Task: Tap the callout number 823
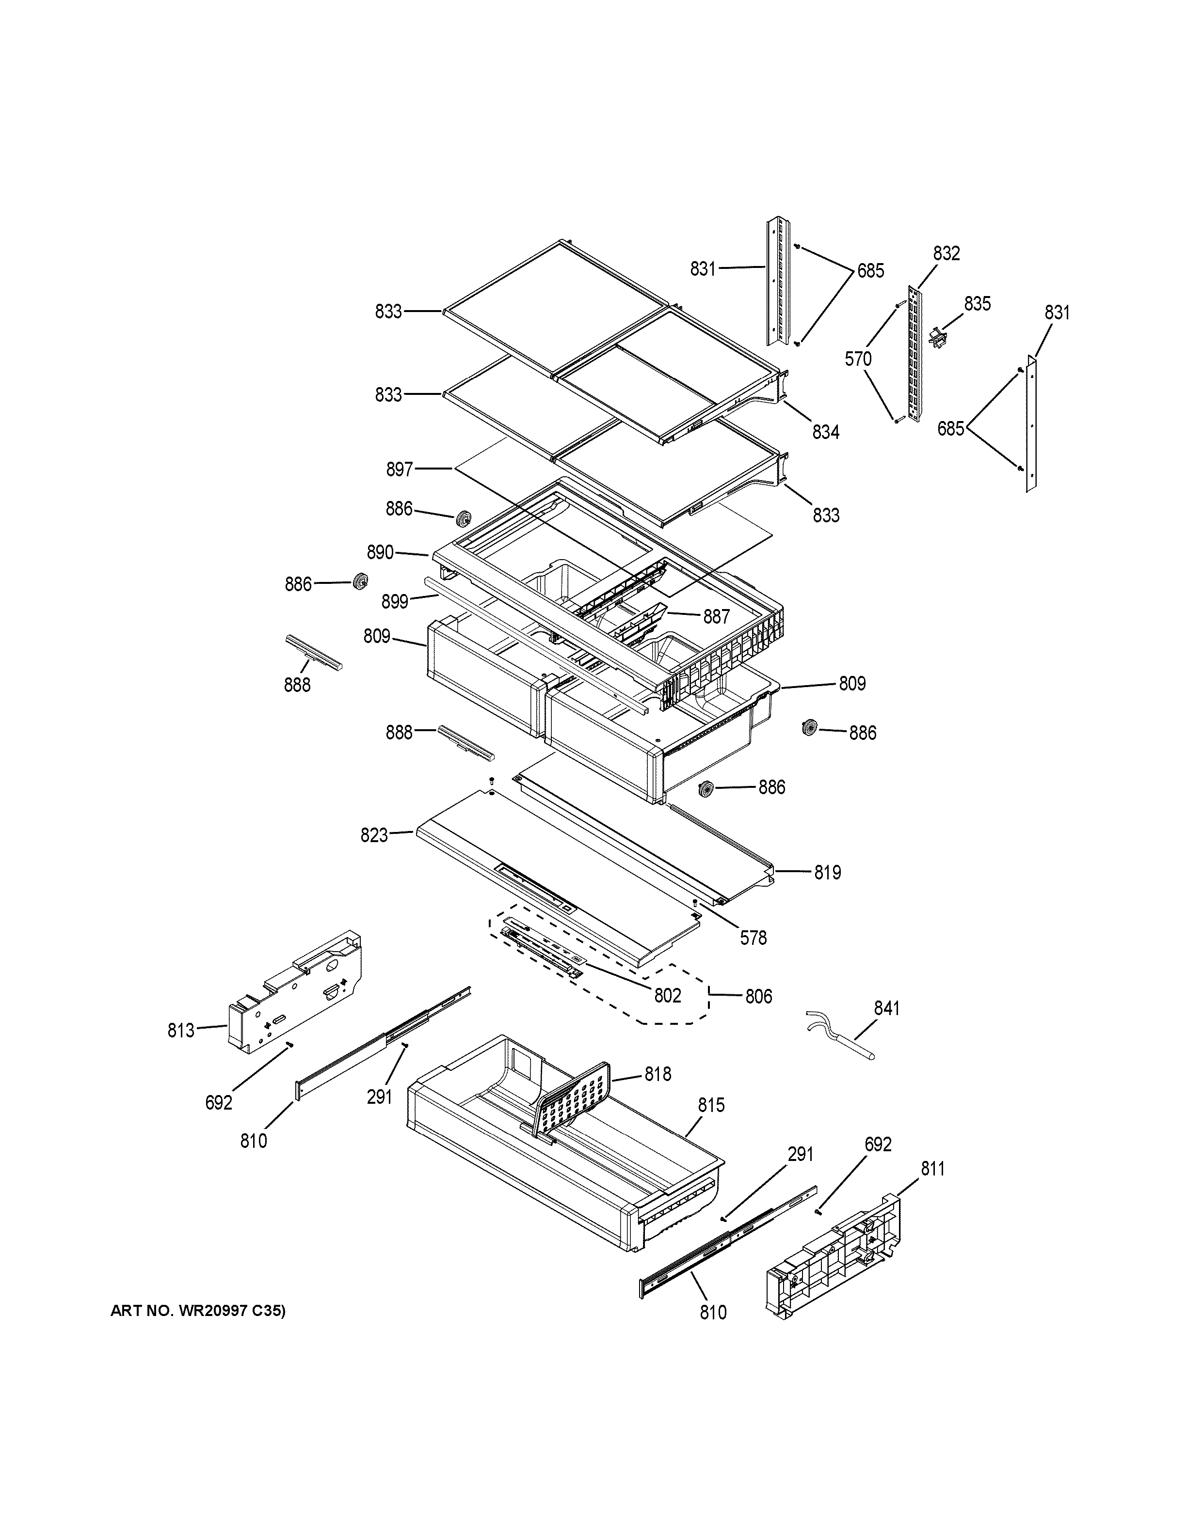[374, 835]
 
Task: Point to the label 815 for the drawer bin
[711, 1106]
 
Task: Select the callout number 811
[932, 1169]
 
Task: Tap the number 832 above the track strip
[946, 254]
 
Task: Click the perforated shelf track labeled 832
[914, 355]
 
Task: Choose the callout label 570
[858, 359]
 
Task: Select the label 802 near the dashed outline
[667, 995]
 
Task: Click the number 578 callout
[753, 938]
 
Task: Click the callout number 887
[717, 616]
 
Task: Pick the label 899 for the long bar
[395, 602]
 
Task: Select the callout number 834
[826, 432]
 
